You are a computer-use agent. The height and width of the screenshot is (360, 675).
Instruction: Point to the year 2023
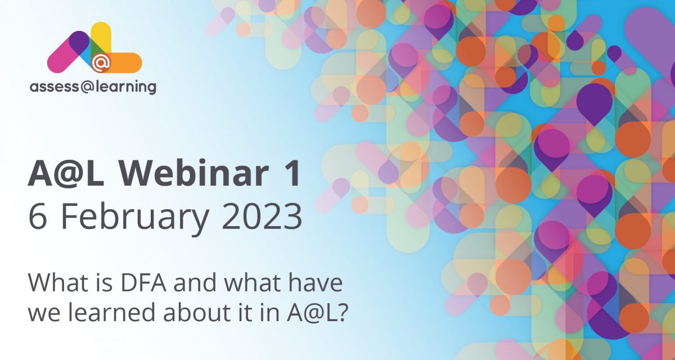point(262,217)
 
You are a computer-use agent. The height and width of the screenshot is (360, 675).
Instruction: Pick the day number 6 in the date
point(38,217)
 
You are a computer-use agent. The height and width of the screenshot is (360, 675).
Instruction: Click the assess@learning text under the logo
point(93,87)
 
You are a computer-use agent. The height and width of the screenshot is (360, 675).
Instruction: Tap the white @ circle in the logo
point(101,63)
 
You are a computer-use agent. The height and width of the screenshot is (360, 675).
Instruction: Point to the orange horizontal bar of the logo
point(127,62)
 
